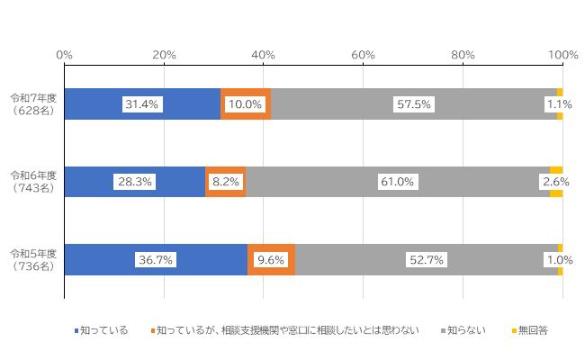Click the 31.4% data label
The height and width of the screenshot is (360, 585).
point(141,104)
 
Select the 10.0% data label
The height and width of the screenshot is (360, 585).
point(245,104)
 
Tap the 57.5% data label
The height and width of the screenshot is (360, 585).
point(414,104)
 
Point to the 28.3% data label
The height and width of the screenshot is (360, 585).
point(134,182)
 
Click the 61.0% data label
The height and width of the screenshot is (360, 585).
point(397,182)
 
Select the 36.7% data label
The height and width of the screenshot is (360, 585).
point(155,260)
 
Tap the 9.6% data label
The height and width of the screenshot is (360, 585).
point(271,260)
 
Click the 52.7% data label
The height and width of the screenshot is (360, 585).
point(427,260)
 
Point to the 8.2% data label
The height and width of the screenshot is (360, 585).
point(225,182)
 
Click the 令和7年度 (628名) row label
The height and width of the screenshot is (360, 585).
point(33,103)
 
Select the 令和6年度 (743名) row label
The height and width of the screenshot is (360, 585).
point(33,182)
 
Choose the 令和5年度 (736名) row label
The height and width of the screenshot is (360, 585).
point(33,260)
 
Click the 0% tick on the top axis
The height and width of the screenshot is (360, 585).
point(65,56)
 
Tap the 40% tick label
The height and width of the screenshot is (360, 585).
point(264,56)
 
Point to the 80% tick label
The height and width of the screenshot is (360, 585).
point(463,56)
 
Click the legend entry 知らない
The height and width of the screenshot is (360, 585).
point(467,330)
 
